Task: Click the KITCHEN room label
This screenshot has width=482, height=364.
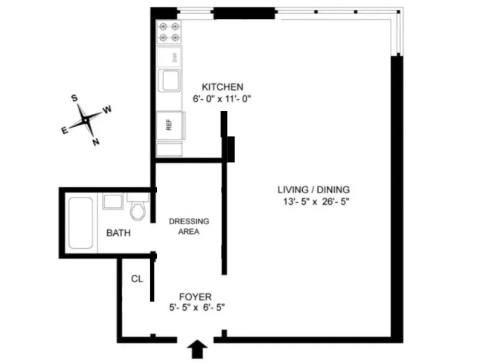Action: click(222, 87)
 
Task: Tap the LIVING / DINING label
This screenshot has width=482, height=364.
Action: click(313, 188)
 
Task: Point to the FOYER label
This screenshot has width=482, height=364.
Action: click(195, 297)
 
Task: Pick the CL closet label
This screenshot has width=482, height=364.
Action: click(137, 279)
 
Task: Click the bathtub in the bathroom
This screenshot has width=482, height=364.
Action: click(81, 222)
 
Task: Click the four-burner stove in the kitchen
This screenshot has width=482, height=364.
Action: click(169, 32)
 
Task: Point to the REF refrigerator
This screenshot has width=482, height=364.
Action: click(169, 125)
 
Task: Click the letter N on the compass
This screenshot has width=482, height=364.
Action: click(95, 142)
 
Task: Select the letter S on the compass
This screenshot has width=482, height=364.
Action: click(74, 98)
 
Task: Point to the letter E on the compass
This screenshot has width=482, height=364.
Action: click(64, 129)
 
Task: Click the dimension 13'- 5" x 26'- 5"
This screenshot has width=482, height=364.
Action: click(313, 200)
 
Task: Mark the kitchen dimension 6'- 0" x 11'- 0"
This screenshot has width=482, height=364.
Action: click(222, 98)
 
